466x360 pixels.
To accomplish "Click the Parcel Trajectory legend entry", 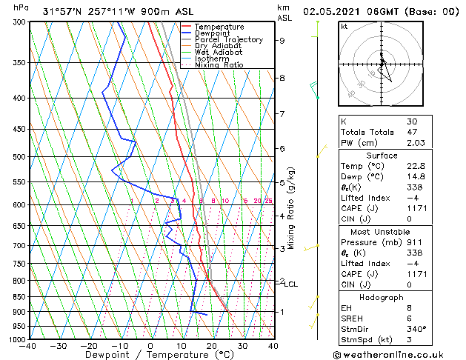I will tap(228, 40).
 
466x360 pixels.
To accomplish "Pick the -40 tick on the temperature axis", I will tap(27, 346).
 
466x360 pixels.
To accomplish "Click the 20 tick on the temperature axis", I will tap(212, 346).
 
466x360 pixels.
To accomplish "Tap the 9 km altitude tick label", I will tap(282, 41).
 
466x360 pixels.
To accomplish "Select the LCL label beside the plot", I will tap(291, 284).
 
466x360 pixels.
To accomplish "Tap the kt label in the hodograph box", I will tap(344, 26).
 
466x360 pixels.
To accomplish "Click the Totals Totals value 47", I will tap(412, 131).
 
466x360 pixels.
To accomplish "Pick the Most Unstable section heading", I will tap(382, 231).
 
